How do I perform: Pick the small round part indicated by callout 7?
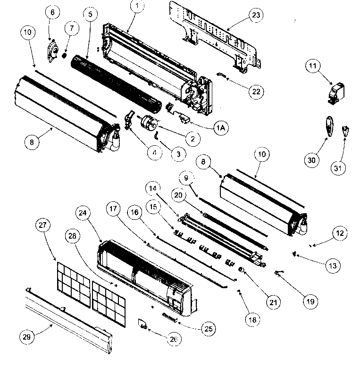click(x=64, y=55)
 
